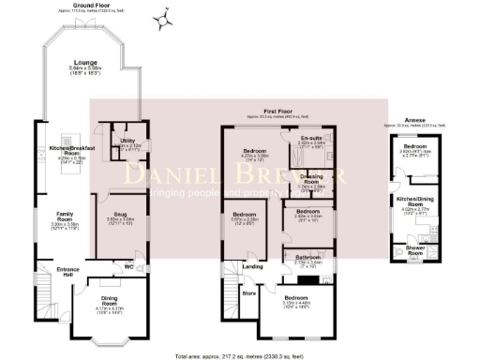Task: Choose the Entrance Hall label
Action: point(68,273)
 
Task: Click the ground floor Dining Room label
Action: point(110,302)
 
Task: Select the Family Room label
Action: point(65,217)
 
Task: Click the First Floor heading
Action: point(275,111)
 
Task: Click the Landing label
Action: point(252,266)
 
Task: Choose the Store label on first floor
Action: point(249,292)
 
